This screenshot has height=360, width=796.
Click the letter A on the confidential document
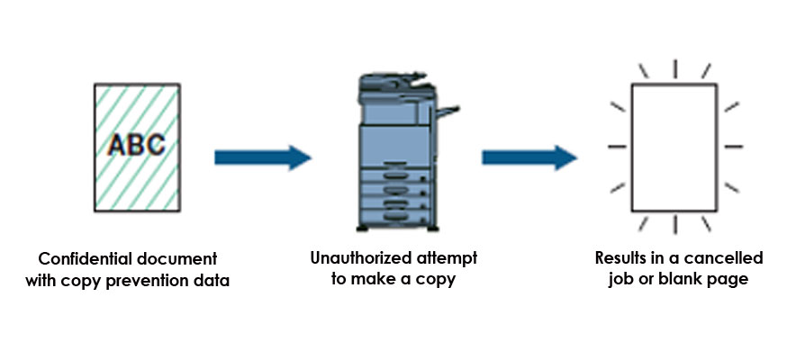point(117,144)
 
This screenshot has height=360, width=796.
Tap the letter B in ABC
point(135,144)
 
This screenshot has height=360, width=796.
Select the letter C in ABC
point(154,144)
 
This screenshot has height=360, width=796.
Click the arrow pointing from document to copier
point(262,159)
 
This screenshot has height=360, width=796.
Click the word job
point(620,280)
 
